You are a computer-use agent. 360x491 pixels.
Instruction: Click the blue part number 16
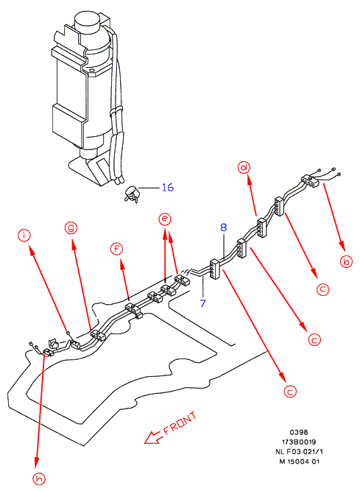click(168, 187)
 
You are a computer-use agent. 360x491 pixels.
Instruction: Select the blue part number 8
click(223, 227)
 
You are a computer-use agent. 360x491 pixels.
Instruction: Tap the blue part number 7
click(203, 303)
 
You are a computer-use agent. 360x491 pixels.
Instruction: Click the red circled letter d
click(244, 168)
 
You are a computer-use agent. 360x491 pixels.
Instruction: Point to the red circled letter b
click(346, 261)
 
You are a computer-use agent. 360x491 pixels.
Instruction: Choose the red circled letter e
click(165, 219)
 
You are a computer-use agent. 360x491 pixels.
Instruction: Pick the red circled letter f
click(116, 249)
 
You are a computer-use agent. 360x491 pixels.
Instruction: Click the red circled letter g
click(71, 227)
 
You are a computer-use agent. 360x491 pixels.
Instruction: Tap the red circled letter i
click(24, 235)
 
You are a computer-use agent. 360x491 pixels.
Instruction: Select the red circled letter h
click(39, 478)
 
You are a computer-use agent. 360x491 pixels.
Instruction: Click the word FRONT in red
click(180, 424)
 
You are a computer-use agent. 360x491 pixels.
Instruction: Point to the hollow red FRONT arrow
click(153, 437)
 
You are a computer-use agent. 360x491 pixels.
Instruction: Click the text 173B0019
click(299, 442)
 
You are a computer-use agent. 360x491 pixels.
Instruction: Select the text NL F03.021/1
click(299, 451)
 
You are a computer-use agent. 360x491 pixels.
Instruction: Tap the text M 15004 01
click(299, 462)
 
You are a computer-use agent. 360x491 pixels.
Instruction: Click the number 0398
click(299, 432)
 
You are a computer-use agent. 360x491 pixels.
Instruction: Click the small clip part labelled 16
click(132, 194)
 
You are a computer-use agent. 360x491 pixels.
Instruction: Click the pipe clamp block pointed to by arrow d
click(261, 227)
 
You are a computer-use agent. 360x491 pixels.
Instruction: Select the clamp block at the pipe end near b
click(310, 180)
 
